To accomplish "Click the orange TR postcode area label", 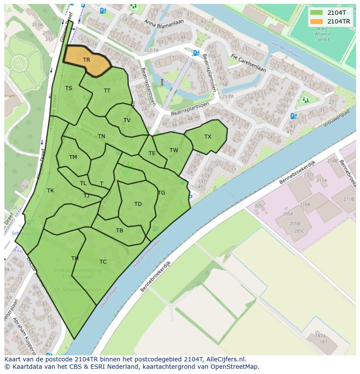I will coord(87,60).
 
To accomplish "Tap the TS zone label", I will coord(69,88).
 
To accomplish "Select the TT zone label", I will coord(107,90).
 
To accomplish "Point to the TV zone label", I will coord(127,120).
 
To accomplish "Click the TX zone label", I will coord(208,137).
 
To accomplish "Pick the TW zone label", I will coord(174,150).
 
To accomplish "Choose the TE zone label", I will coord(152,153).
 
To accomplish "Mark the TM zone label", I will coord(73,157).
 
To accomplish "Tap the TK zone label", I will coord(50,191).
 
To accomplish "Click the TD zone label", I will coord(138,204).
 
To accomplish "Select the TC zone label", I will coord(103,262).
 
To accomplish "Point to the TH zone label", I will coord(75,258).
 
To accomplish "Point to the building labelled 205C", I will coord(299,231).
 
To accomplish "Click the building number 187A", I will coord(320,335).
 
